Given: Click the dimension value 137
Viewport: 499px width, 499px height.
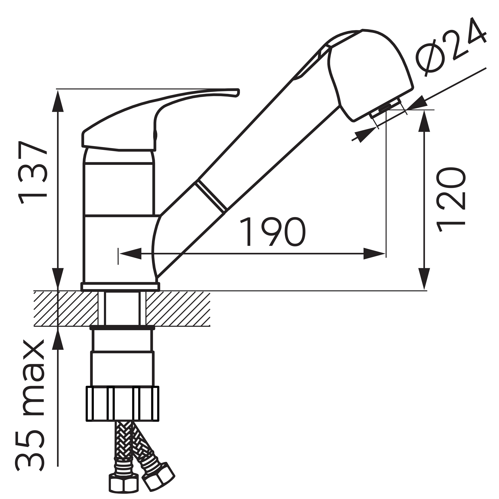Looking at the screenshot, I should click(32, 172).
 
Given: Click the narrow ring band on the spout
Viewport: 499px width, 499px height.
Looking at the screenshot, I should click(211, 195).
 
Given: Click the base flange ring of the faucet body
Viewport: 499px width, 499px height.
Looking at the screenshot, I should click(120, 287).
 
